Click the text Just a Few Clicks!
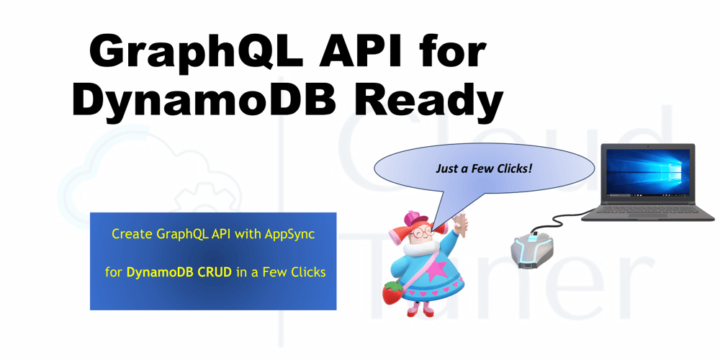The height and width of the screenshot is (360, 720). (484, 168)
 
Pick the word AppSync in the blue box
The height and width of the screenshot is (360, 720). (289, 234)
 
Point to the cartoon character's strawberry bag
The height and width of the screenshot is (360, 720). (392, 292)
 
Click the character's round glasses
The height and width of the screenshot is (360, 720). (422, 233)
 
